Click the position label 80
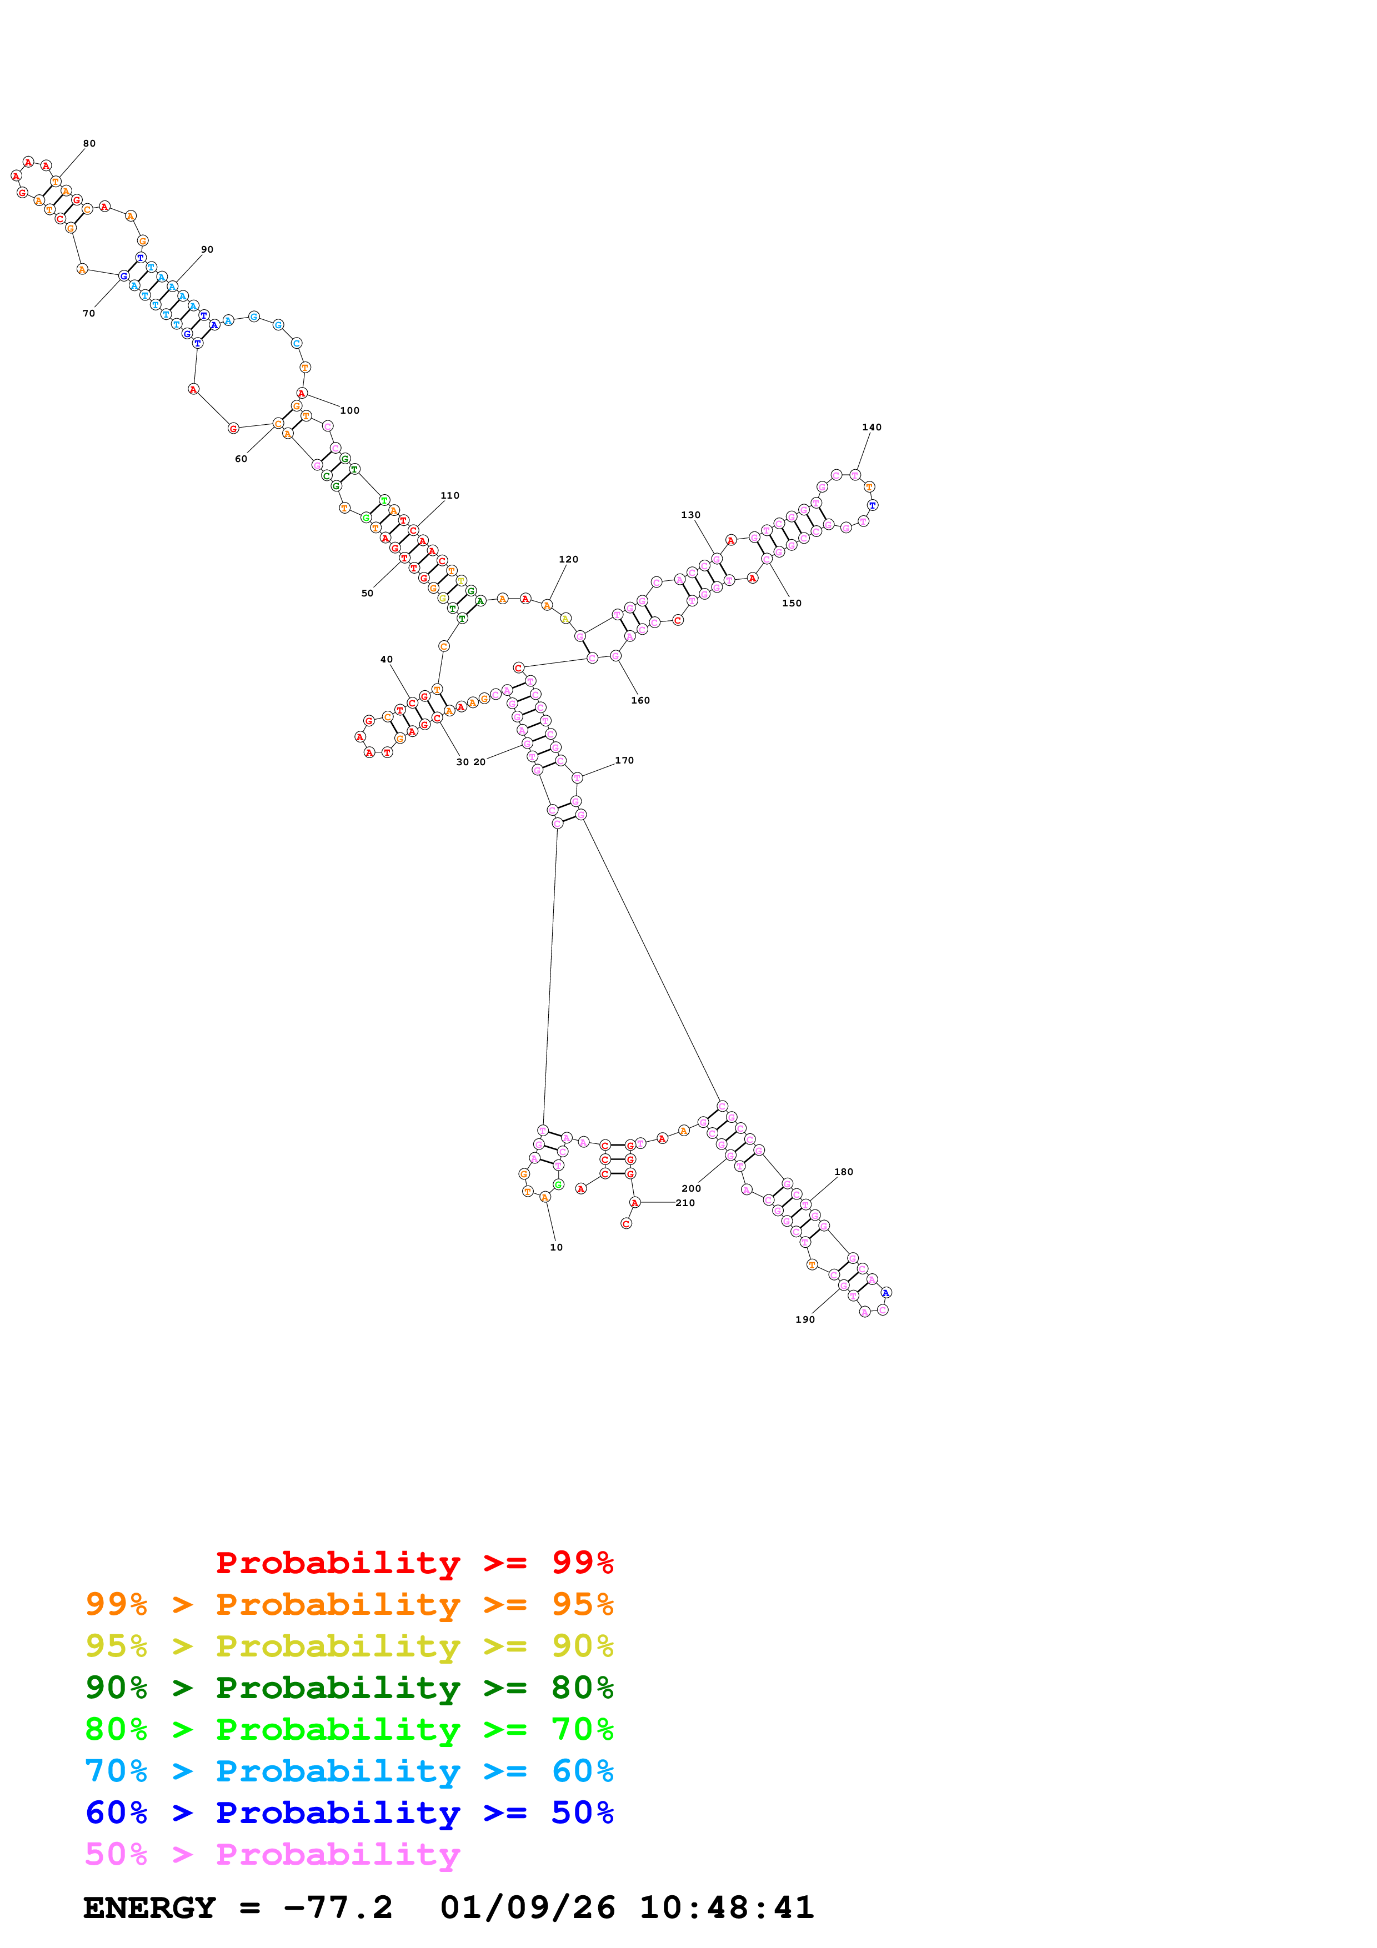coord(89,143)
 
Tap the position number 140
coord(872,427)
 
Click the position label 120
coord(568,559)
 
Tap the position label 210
coord(685,1203)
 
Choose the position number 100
coord(349,410)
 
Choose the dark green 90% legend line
coord(349,1688)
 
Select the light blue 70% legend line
coord(349,1771)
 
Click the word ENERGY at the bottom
coord(149,1907)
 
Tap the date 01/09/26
coord(527,1907)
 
